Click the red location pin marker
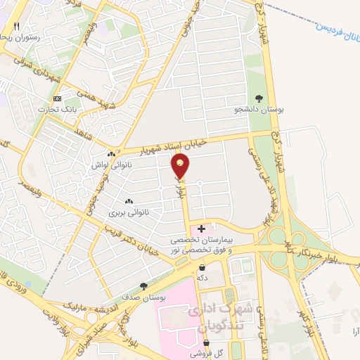(181, 165)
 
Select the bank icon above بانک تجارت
(57, 98)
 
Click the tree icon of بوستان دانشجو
(259, 99)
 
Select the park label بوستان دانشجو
(259, 110)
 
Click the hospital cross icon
(202, 229)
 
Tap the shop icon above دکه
(202, 267)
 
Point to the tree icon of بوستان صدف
(143, 286)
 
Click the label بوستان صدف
(143, 297)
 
